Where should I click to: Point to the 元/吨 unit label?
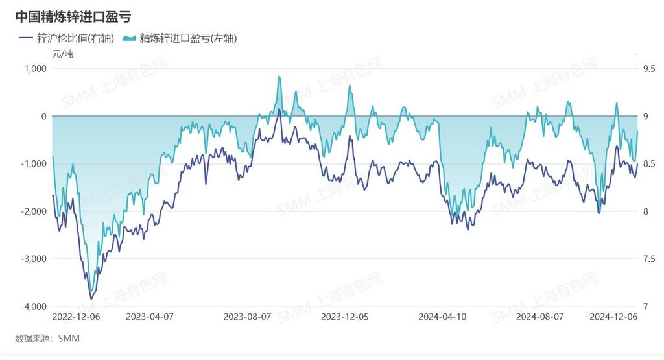pyautogui.click(x=63, y=54)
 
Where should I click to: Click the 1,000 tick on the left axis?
pyautogui.click(x=36, y=69)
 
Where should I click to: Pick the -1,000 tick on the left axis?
pyautogui.click(x=34, y=164)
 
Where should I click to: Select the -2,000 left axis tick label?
pyautogui.click(x=34, y=211)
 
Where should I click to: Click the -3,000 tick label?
pyautogui.click(x=34, y=259)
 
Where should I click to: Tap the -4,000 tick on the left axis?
pyautogui.click(x=34, y=307)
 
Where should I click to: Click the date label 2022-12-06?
pyautogui.click(x=77, y=317)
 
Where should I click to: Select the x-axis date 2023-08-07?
pyautogui.click(x=247, y=317)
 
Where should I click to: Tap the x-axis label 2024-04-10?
pyautogui.click(x=443, y=317)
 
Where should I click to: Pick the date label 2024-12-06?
pyautogui.click(x=613, y=317)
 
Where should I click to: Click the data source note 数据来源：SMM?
pyautogui.click(x=47, y=338)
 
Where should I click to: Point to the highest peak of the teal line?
pyautogui.click(x=279, y=77)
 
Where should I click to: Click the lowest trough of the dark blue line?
pyautogui.click(x=91, y=299)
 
